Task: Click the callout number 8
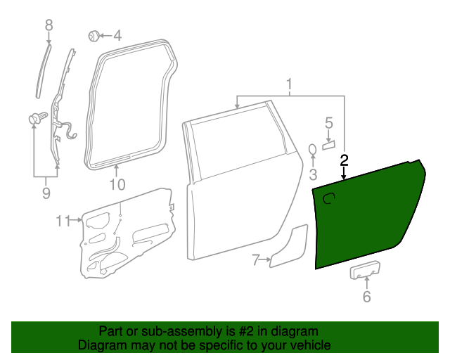coord(49,25)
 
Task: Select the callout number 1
coord(289,85)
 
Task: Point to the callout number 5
coord(328,124)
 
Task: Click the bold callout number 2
coord(344,160)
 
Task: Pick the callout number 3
coord(314,174)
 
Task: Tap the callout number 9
coord(46,192)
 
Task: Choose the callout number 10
coord(117,185)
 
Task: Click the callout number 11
coord(64,221)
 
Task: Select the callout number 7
coord(257,261)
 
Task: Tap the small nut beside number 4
coord(93,34)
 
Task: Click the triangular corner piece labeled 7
coord(290,246)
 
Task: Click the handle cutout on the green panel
coord(328,202)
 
